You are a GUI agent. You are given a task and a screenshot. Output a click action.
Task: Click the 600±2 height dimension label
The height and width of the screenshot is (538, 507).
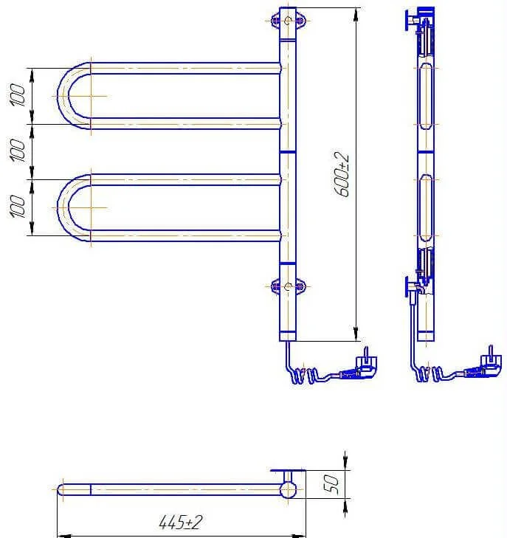tap(342, 175)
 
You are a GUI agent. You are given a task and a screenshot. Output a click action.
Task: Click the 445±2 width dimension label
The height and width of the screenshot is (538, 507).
tap(180, 523)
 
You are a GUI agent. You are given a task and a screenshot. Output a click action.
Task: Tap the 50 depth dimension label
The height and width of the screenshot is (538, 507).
tap(332, 484)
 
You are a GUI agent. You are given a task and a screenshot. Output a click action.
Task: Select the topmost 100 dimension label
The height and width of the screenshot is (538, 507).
tap(18, 94)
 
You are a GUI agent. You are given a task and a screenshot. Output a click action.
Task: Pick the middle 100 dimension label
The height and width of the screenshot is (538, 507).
tap(18, 151)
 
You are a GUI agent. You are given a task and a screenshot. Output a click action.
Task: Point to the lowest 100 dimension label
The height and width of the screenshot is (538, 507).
tap(18, 207)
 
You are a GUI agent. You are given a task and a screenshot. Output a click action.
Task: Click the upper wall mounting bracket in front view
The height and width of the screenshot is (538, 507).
tap(288, 20)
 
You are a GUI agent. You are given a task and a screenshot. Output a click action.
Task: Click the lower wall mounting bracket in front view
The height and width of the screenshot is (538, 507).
tap(288, 286)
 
